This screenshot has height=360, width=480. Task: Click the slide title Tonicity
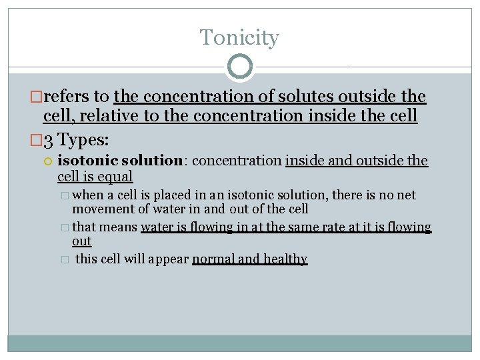[x=239, y=37]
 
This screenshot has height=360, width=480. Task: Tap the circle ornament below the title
[x=240, y=67]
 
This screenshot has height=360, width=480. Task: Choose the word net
[x=405, y=195]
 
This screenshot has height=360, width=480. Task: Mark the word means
[x=119, y=227]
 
